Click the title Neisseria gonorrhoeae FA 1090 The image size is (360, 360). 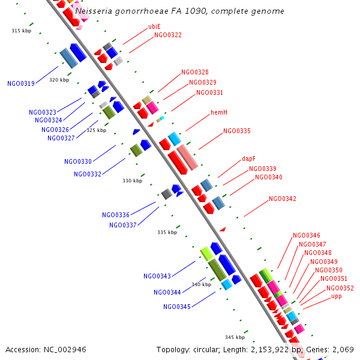[180, 11]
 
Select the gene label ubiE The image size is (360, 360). [154, 26]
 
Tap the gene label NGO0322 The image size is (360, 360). [167, 35]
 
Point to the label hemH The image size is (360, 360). [218, 113]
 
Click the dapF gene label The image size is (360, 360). [249, 159]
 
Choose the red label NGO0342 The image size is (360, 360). [282, 199]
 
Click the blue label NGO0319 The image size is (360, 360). [20, 84]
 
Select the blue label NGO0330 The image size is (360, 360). [78, 161]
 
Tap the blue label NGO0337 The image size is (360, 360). [122, 225]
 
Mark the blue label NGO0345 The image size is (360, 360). [176, 307]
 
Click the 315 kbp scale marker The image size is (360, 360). [21, 31]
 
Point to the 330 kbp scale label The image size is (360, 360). [132, 181]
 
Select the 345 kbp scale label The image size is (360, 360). [235, 337]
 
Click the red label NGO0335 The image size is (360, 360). [236, 131]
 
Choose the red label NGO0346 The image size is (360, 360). [306, 236]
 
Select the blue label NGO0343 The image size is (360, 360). [157, 277]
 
